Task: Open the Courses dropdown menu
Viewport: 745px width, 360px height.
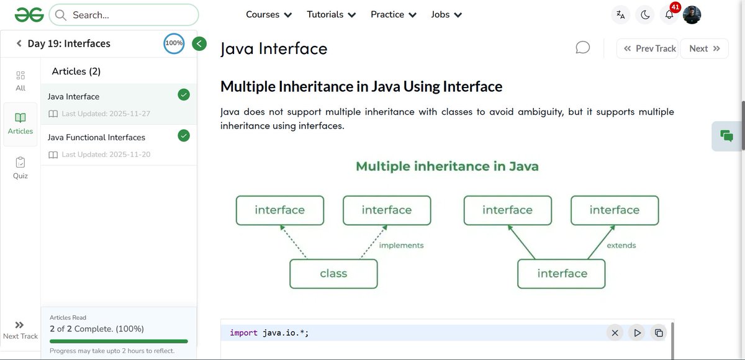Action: point(269,14)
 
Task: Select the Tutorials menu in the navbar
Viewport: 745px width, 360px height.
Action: point(332,14)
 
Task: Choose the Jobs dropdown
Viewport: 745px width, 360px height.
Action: point(446,14)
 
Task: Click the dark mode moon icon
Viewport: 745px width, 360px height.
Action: point(645,15)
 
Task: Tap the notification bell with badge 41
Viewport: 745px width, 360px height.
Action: point(669,15)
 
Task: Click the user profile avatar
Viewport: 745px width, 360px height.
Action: point(692,15)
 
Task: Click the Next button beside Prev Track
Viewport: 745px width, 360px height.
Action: point(704,48)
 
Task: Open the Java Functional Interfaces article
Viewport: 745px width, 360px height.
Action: point(97,137)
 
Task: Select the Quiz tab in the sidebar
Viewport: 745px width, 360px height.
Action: point(20,168)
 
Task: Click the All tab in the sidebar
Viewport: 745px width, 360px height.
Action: point(20,80)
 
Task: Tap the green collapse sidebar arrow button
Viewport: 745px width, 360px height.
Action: point(199,43)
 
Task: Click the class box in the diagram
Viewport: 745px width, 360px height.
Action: point(333,274)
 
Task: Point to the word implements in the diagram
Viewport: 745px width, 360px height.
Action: point(401,245)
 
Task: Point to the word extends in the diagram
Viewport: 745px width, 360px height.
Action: point(621,245)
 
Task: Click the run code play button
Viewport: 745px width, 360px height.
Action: point(637,333)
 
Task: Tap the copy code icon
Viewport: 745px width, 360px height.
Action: point(659,333)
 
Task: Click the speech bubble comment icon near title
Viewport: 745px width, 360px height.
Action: point(582,48)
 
